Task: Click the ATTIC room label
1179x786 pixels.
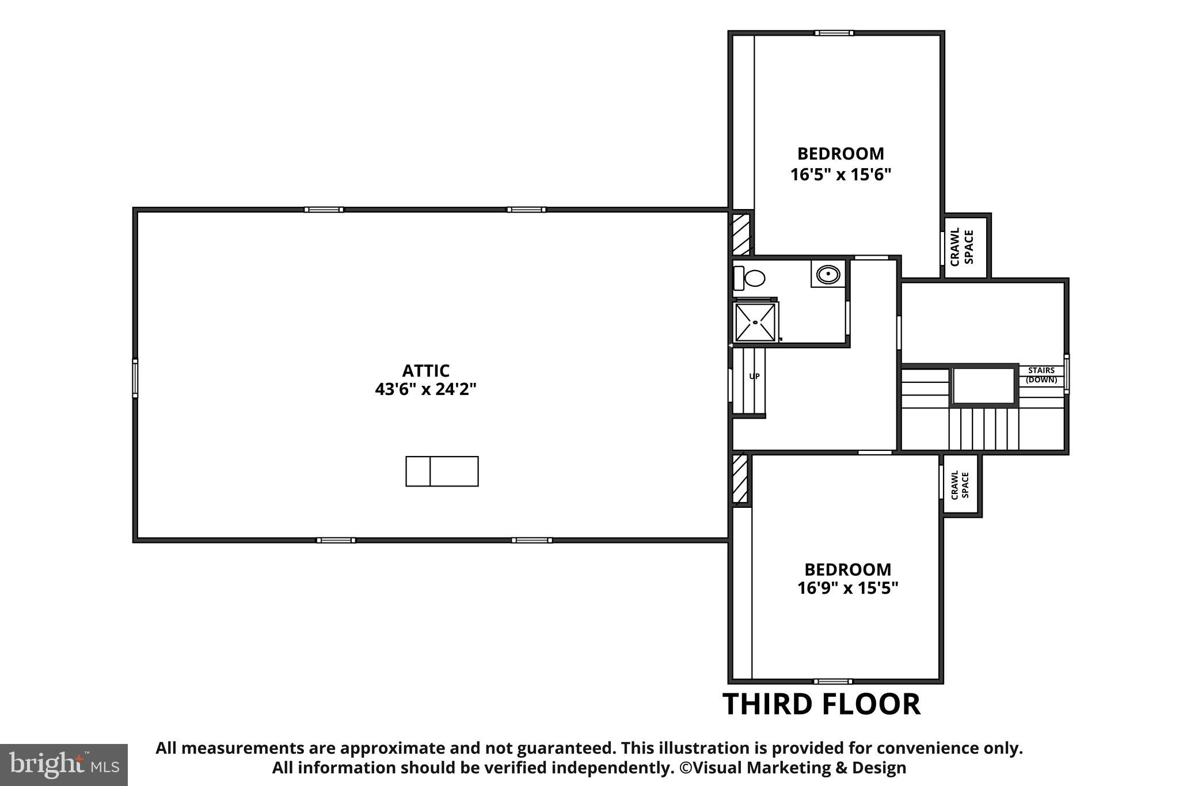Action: (x=425, y=370)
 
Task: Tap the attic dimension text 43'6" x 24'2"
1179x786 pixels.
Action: (x=425, y=390)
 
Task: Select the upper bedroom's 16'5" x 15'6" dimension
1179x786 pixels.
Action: (x=840, y=174)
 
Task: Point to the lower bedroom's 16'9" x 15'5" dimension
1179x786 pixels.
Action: (x=847, y=588)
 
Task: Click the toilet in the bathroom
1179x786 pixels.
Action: (x=750, y=278)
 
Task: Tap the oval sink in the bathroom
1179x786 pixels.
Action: (x=828, y=274)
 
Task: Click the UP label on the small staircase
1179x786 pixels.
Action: (x=754, y=376)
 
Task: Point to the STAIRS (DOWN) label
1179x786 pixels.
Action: (x=1041, y=375)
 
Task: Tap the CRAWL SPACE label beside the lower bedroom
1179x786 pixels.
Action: (x=960, y=485)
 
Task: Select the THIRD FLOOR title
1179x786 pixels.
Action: (x=822, y=704)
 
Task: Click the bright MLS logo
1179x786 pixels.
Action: (x=63, y=765)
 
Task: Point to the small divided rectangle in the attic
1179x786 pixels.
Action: (x=442, y=471)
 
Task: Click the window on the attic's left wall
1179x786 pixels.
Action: (x=135, y=378)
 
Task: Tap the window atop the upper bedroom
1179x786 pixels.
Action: (x=834, y=33)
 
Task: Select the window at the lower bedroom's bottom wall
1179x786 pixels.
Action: (x=832, y=681)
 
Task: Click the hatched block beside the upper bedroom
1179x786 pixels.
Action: (x=740, y=234)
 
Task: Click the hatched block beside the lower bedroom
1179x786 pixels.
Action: (x=740, y=479)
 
